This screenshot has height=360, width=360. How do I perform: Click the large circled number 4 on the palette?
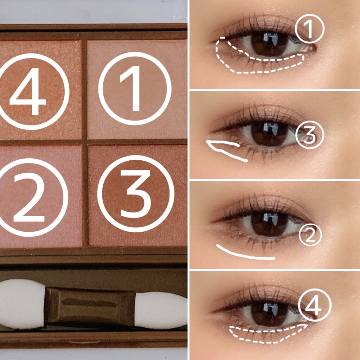tap(32, 92)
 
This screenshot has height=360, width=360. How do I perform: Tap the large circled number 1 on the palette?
tap(135, 88)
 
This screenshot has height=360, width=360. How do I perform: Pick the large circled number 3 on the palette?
tap(136, 194)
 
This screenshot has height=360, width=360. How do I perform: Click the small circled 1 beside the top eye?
tap(309, 29)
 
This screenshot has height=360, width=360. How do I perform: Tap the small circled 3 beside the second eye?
tap(310, 135)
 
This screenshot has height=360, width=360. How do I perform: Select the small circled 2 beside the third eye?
tap(310, 234)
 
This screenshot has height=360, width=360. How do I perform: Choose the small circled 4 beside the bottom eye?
tap(315, 305)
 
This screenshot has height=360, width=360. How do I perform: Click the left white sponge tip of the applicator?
tap(22, 303)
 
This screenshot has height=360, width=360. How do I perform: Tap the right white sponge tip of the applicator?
tap(161, 310)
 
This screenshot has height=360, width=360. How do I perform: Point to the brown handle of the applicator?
tap(90, 307)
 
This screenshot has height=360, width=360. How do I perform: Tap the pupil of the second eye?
tap(269, 134)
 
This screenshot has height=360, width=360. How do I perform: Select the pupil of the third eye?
tap(269, 223)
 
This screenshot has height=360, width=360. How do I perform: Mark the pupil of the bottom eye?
tap(269, 313)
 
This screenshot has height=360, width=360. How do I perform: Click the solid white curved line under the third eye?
tap(243, 255)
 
